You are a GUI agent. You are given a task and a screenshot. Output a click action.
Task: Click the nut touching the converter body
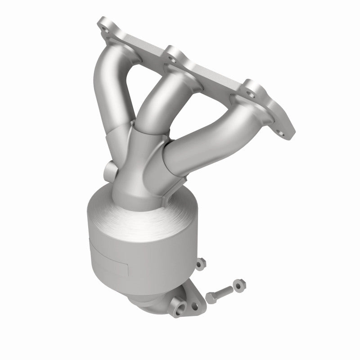point(201,262)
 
